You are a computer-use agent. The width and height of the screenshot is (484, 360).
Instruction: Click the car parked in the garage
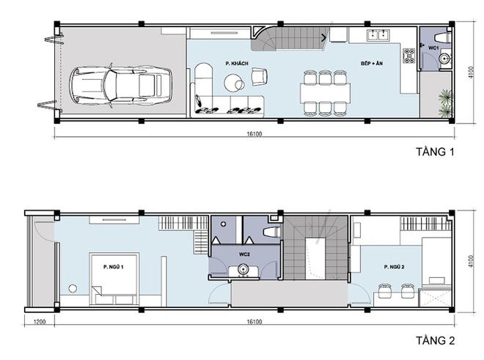pos(120,85)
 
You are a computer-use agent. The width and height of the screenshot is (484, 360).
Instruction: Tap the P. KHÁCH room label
pos(237,63)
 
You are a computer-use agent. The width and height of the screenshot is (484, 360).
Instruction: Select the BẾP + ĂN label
pos(372,63)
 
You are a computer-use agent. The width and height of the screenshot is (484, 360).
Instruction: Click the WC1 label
pos(433,48)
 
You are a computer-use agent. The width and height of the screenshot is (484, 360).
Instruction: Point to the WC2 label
pos(244,254)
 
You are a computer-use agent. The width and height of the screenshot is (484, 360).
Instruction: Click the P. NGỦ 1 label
pos(113,267)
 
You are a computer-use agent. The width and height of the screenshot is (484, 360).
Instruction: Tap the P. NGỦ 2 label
pos(395,267)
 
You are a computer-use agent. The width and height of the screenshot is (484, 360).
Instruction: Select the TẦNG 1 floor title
pos(435,152)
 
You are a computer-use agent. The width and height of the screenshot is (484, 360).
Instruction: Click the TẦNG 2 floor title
pos(435,340)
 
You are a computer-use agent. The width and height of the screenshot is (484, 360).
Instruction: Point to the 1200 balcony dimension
pos(39,322)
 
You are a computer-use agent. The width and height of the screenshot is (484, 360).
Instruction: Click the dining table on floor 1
pos(325,93)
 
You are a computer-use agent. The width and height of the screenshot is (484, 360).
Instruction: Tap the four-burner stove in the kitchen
pos(409,56)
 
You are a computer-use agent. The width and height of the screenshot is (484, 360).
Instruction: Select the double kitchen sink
pos(378,35)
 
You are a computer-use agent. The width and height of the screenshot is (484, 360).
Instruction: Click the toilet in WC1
pos(443,37)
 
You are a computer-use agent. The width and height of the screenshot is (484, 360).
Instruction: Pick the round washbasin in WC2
pos(243,269)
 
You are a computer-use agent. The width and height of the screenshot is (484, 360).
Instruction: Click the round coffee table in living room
pos(234,83)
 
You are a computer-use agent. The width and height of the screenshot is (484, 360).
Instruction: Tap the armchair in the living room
pos(260,76)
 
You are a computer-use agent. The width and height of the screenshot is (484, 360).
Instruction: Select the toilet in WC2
pos(271,232)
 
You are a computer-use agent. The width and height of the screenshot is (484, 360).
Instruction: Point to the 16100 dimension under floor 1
pos(254,134)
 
